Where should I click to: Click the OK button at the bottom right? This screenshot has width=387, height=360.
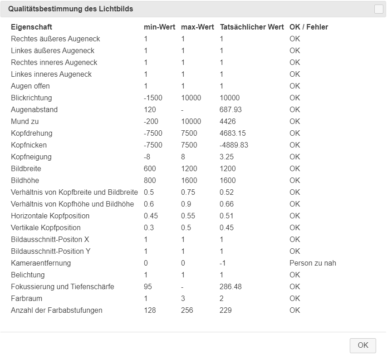[x=363, y=345]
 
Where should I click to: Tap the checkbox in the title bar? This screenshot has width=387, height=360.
[x=378, y=9]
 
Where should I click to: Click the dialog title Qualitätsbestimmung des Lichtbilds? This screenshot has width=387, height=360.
[x=70, y=9]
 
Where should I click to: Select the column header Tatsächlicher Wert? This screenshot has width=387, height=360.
[x=252, y=27]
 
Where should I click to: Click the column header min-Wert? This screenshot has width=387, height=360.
[x=159, y=27]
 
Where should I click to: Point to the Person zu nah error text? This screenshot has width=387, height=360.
[x=313, y=263]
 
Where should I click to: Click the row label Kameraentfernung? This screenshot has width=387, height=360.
[x=41, y=263]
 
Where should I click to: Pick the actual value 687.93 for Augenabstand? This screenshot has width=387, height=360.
[x=231, y=109]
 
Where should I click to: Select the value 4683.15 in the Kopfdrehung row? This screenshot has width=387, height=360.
[x=233, y=133]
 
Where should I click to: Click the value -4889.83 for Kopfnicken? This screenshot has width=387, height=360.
[x=234, y=145]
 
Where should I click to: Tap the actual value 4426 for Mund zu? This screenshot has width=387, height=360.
[x=228, y=121]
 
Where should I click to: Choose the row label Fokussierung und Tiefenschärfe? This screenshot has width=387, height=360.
[x=63, y=286]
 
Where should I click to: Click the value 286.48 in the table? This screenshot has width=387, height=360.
[x=231, y=286]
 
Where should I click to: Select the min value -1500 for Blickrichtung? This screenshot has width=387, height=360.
[x=153, y=98]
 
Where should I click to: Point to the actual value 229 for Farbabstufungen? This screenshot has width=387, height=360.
[x=225, y=310]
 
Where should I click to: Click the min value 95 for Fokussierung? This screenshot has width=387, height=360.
[x=148, y=286]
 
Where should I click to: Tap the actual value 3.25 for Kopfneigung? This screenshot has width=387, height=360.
[x=227, y=157]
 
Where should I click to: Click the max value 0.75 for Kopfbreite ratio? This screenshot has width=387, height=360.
[x=188, y=192]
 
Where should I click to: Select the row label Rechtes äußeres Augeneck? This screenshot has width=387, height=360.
[x=55, y=39]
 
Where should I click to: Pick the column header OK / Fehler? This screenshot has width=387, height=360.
[x=309, y=27]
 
